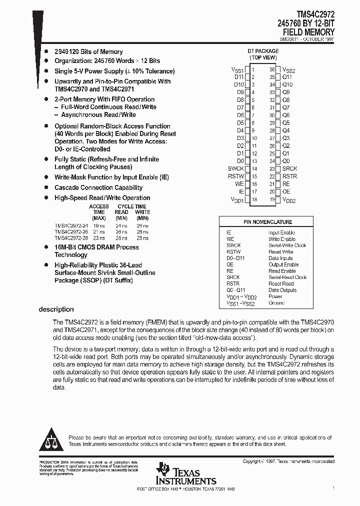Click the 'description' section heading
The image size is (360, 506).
click(56, 309)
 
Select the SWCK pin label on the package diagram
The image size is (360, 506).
click(235, 169)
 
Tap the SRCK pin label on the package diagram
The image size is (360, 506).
click(289, 169)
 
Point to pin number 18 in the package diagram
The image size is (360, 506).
click(254, 199)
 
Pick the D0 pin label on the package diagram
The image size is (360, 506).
click(240, 161)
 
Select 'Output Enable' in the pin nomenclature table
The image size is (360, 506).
click(283, 264)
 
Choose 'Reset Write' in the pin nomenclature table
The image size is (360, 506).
click(281, 252)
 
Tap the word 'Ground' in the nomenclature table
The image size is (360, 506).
click(276, 303)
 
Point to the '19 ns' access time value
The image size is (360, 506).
click(99, 225)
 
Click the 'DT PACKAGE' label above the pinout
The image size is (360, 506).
click(263, 51)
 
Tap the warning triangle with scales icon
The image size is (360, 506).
click(51, 440)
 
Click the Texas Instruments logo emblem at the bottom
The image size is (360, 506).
click(162, 469)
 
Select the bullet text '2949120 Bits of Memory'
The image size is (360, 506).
click(88, 52)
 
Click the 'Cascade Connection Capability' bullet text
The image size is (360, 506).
click(98, 188)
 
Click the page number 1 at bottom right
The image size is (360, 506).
click(333, 488)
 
